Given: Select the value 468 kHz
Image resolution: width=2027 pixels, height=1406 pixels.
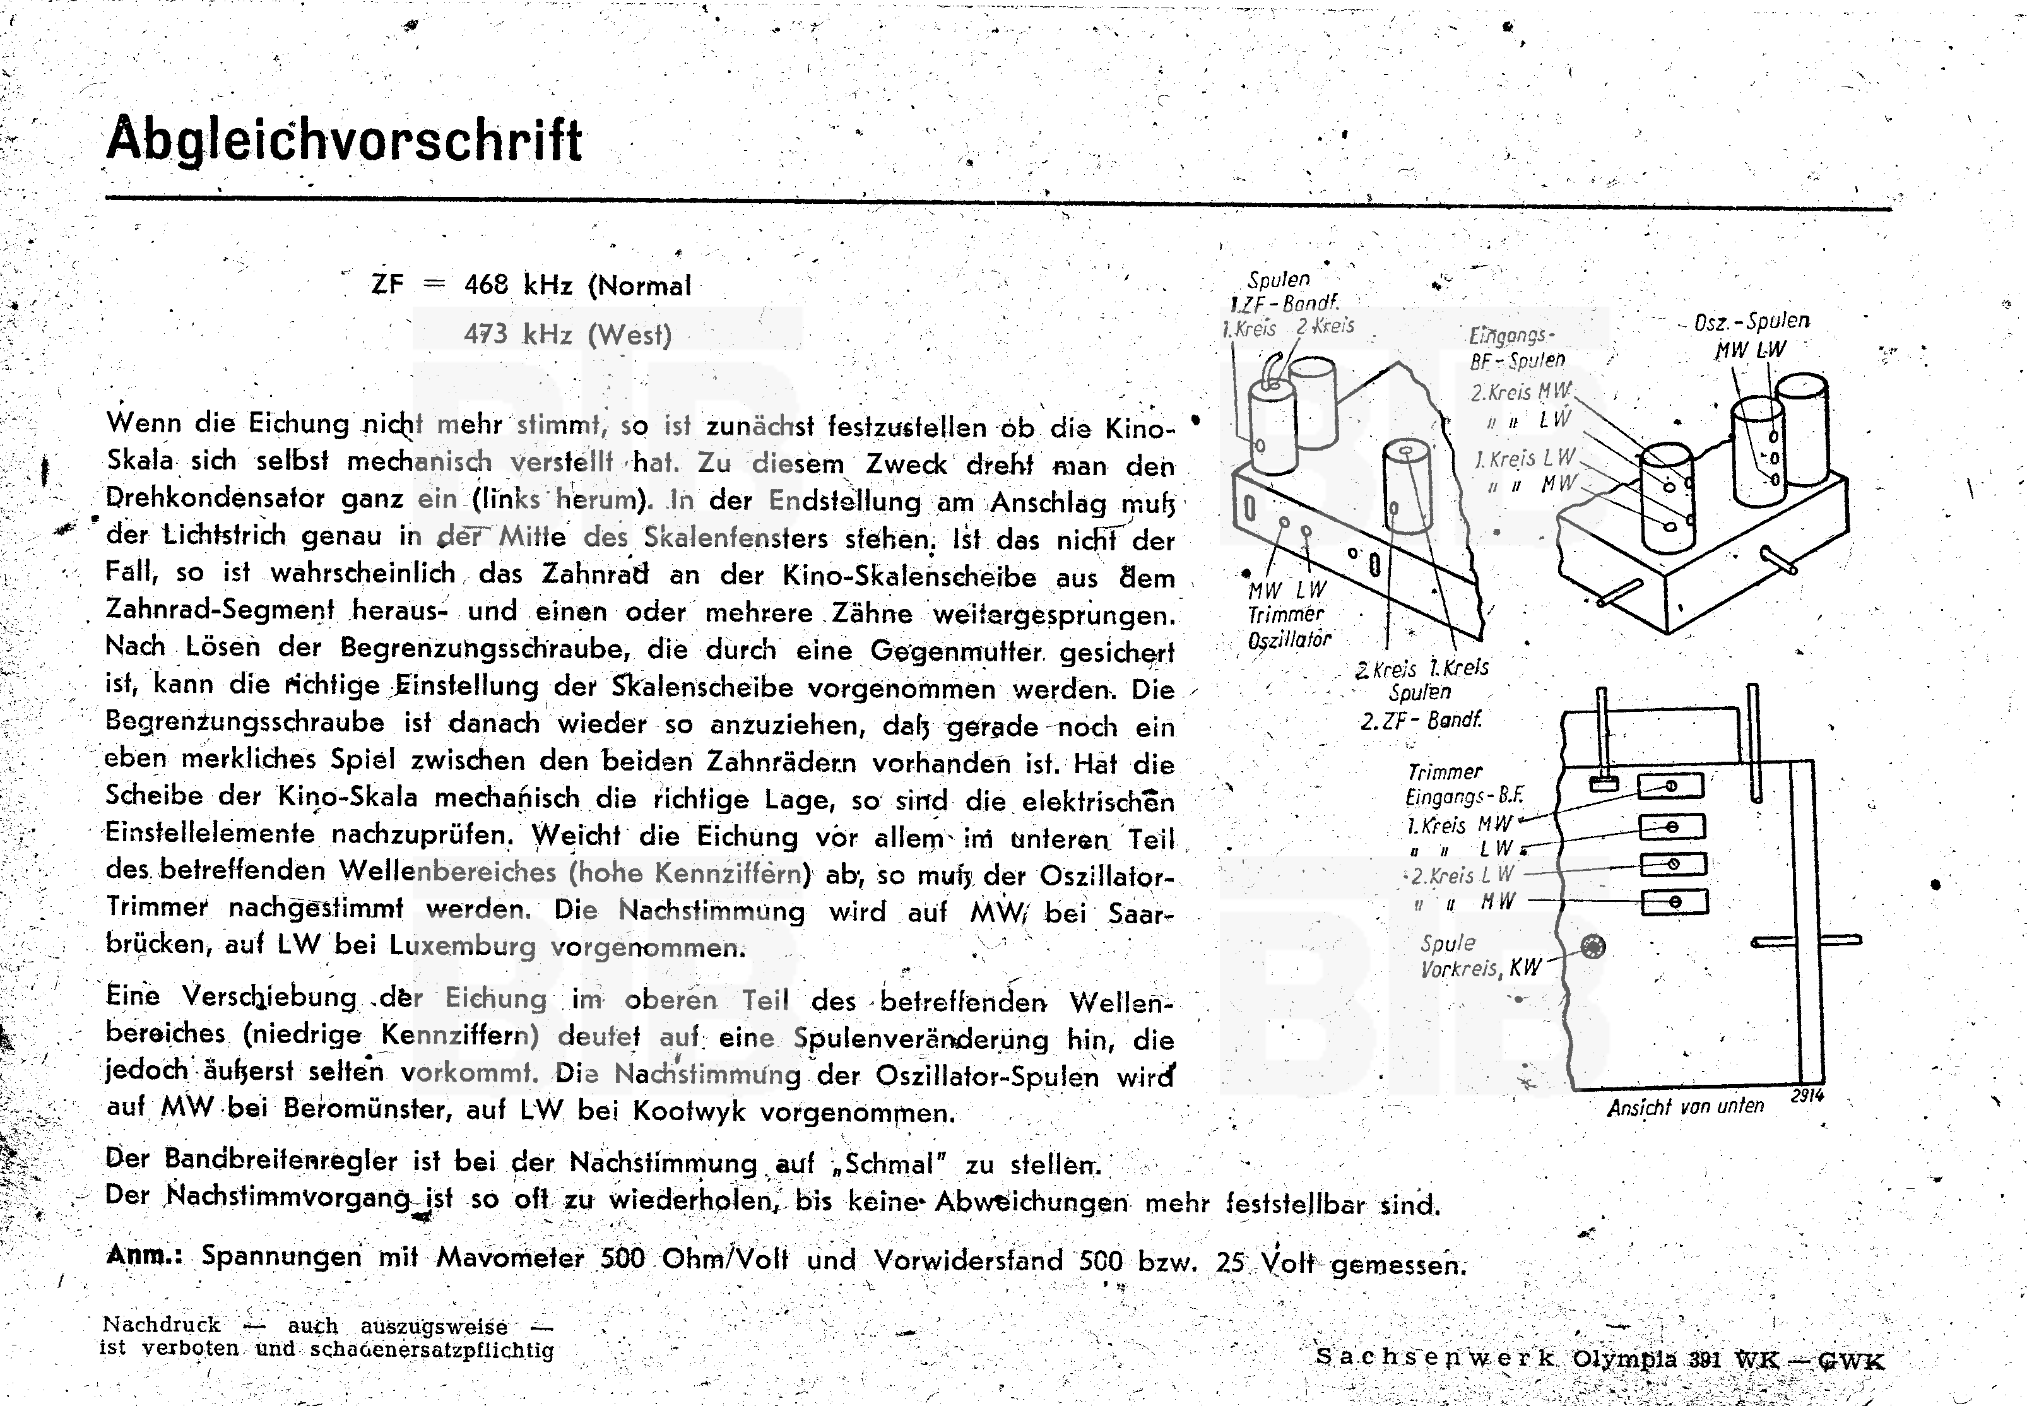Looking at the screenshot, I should (518, 285).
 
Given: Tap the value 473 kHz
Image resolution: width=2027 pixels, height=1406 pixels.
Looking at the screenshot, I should (518, 334).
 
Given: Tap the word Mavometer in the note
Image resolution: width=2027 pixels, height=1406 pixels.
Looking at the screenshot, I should (510, 1257).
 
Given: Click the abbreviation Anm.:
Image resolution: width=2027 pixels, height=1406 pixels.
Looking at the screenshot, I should (144, 1255).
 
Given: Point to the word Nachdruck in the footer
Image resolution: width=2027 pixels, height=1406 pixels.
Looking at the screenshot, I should (161, 1325).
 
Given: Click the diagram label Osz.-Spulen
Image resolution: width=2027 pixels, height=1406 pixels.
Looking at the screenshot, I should (1751, 322).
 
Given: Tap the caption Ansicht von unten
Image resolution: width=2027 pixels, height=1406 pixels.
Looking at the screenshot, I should (1685, 1106).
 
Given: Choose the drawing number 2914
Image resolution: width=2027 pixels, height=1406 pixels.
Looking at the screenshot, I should (1807, 1096).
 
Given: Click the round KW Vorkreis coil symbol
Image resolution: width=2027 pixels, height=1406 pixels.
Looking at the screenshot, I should (1593, 947).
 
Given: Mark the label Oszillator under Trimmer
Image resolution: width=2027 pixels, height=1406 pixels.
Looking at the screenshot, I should (1289, 641).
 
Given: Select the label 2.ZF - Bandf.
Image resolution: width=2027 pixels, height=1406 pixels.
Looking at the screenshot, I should (1420, 721).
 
